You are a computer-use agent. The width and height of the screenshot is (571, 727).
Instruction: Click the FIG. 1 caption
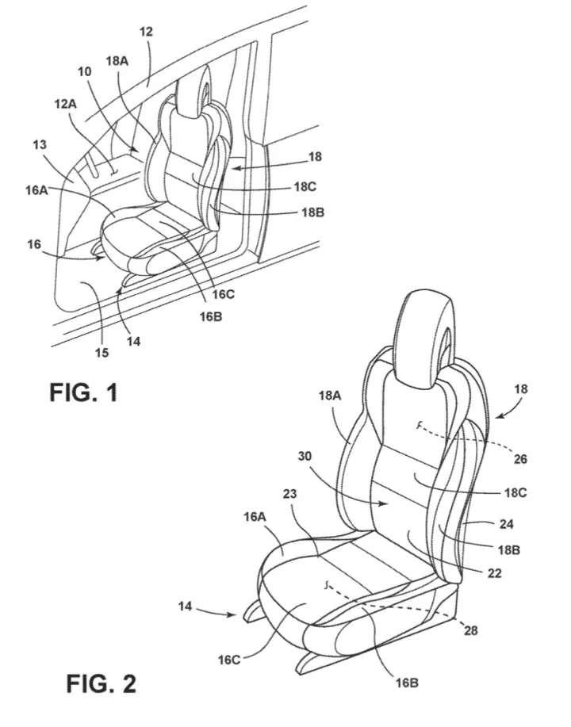[83, 392]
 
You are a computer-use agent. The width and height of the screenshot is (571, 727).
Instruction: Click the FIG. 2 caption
[102, 683]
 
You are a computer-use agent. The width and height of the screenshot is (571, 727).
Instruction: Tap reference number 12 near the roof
[146, 32]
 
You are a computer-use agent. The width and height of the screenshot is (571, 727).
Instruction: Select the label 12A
[65, 104]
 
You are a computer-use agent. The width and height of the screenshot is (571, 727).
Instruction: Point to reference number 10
[84, 71]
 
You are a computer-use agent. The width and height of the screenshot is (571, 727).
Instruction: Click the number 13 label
[40, 144]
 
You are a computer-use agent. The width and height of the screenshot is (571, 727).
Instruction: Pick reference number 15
[102, 353]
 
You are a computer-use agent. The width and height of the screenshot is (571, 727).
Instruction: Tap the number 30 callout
[305, 456]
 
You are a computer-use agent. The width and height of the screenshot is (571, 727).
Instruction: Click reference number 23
[289, 494]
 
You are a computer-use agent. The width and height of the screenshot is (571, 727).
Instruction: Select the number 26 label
[520, 458]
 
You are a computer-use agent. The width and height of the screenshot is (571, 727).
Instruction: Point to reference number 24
[507, 524]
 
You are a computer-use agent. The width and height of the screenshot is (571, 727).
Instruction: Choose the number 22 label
[494, 573]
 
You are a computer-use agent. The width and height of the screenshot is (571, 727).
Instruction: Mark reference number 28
[470, 630]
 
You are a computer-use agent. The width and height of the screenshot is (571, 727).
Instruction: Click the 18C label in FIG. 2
[515, 492]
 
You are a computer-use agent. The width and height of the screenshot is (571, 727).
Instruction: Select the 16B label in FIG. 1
[211, 316]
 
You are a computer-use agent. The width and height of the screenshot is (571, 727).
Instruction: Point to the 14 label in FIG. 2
[185, 606]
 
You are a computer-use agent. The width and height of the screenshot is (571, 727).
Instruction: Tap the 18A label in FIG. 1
[117, 61]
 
